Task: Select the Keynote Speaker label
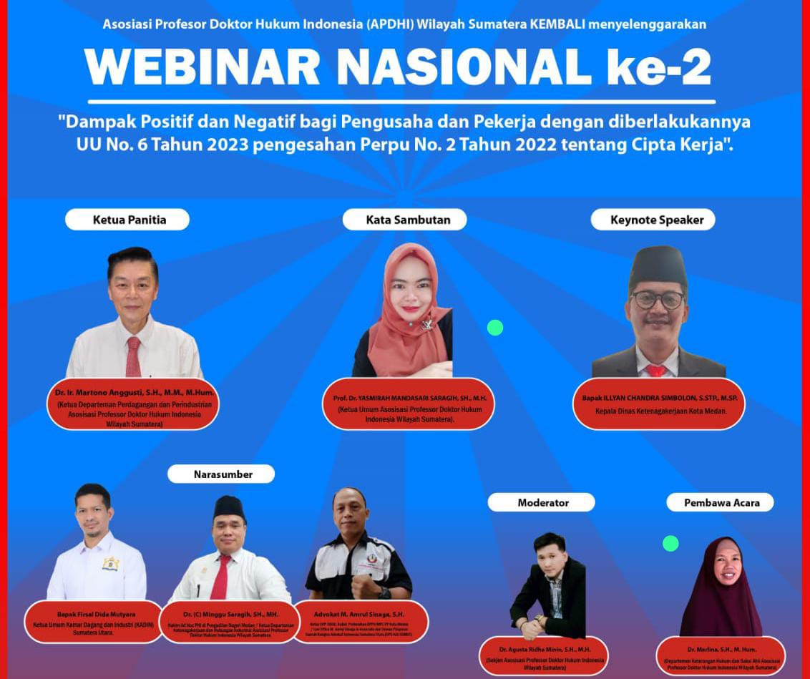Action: pyautogui.click(x=657, y=220)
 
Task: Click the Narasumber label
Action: pyautogui.click(x=222, y=474)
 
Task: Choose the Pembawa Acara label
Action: pyautogui.click(x=721, y=502)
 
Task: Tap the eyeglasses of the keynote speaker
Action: pyautogui.click(x=658, y=299)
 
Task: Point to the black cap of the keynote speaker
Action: pyautogui.click(x=658, y=266)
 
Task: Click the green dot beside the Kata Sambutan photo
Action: pyautogui.click(x=495, y=328)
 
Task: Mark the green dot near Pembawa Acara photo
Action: pyautogui.click(x=670, y=544)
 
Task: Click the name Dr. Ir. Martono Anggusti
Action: pyautogui.click(x=135, y=393)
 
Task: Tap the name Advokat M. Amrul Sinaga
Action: pyautogui.click(x=359, y=614)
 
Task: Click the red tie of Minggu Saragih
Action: pyautogui.click(x=221, y=576)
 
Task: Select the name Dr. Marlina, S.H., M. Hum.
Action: pyautogui.click(x=721, y=650)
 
